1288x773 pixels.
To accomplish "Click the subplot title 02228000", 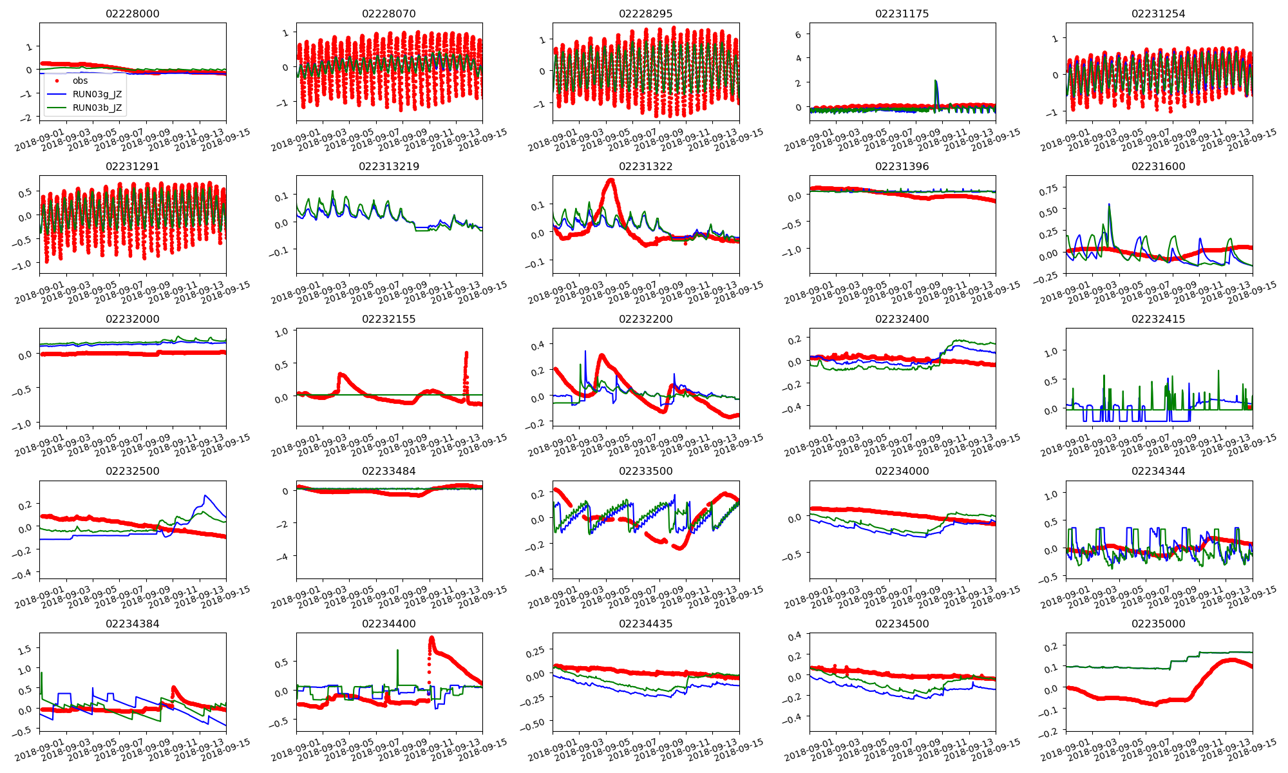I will click(x=132, y=14).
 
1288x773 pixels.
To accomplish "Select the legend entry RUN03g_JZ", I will click(x=97, y=94).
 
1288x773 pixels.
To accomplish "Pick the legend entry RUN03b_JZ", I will click(x=97, y=108).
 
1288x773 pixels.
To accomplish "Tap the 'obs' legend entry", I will click(x=80, y=81).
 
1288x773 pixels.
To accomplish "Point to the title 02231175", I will click(x=902, y=14).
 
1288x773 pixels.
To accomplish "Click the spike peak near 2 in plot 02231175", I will click(x=935, y=81).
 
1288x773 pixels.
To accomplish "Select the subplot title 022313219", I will click(x=389, y=166).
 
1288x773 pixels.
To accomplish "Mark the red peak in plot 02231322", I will click(x=611, y=180).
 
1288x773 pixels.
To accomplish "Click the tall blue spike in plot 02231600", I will click(x=1109, y=204).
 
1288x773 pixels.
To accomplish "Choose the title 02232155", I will click(x=389, y=319).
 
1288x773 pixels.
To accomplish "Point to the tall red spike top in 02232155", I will click(x=466, y=352).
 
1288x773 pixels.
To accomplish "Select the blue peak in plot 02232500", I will click(x=205, y=495).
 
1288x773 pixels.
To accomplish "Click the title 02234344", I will click(x=1159, y=471).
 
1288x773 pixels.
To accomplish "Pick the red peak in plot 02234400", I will click(x=431, y=638).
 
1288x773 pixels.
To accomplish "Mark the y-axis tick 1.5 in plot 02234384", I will click(x=24, y=650).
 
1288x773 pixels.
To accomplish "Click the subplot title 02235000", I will click(x=1159, y=624).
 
